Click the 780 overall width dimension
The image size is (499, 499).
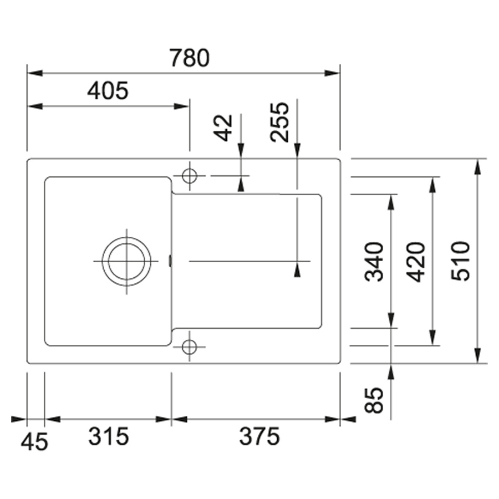click(190, 58)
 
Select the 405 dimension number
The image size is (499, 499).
click(108, 91)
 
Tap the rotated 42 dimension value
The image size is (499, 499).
click(223, 128)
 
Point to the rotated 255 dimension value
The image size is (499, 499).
click(279, 122)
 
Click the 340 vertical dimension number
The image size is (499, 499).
click(374, 262)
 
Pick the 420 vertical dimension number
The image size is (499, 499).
click(416, 262)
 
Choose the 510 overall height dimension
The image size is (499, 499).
click(461, 261)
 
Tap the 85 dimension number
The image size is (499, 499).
click(374, 400)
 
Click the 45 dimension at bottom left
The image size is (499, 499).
click(34, 441)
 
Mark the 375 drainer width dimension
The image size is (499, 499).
click(259, 436)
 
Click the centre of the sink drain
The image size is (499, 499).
click(126, 261)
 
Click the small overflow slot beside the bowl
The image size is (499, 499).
click(170, 261)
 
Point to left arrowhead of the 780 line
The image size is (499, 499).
click(35, 73)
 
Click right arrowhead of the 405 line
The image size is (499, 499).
click(182, 106)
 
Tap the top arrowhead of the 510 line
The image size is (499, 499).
click(477, 167)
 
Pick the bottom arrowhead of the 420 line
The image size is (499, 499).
click(432, 338)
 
